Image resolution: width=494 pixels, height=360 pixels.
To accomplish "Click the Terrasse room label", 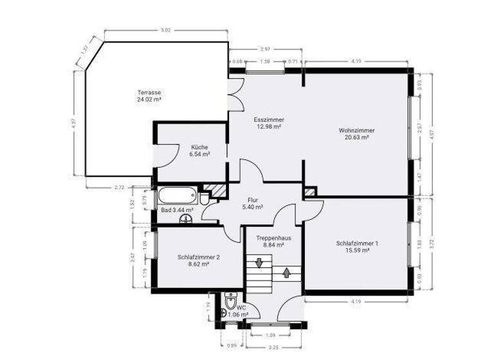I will click(149, 96).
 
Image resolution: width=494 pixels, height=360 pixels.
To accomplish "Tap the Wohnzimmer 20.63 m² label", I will click(356, 134).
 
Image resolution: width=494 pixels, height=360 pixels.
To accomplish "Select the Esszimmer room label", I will click(269, 123).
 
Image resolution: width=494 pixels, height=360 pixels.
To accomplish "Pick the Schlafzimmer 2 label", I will click(199, 260).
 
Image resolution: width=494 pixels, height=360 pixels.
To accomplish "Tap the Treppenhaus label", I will click(273, 241).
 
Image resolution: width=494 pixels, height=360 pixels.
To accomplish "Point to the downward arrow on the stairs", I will click(259, 263).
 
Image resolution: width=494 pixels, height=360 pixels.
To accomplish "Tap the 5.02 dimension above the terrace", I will click(165, 30).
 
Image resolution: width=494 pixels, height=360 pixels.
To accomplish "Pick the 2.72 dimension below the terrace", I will click(118, 187).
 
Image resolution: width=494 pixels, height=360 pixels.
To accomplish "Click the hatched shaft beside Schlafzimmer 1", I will click(310, 192).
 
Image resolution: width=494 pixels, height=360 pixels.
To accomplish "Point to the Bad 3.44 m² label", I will click(177, 210).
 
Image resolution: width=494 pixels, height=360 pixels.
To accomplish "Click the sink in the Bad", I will click(187, 220).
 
